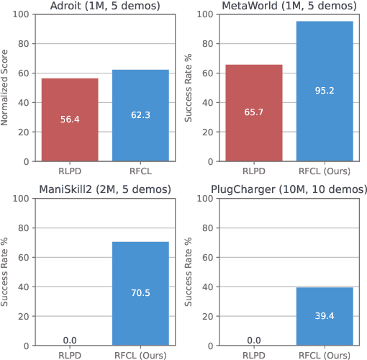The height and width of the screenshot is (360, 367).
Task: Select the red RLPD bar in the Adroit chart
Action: tap(69, 119)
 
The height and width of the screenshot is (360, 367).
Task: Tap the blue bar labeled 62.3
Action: tap(140, 115)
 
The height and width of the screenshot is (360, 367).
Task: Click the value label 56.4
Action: tap(69, 119)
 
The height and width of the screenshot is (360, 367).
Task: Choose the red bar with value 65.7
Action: tap(254, 112)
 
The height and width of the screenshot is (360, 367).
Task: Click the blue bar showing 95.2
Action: tap(325, 91)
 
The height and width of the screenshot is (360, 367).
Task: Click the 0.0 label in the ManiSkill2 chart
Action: tap(69, 338)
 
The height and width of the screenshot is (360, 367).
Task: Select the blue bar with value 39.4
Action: tap(325, 315)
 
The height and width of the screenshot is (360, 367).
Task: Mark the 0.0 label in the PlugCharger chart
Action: tap(254, 338)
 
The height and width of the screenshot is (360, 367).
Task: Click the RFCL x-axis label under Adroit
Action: tap(140, 172)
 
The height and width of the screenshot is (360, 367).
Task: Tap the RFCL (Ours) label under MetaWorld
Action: tap(325, 172)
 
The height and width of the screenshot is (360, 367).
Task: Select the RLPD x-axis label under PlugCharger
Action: tap(254, 354)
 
